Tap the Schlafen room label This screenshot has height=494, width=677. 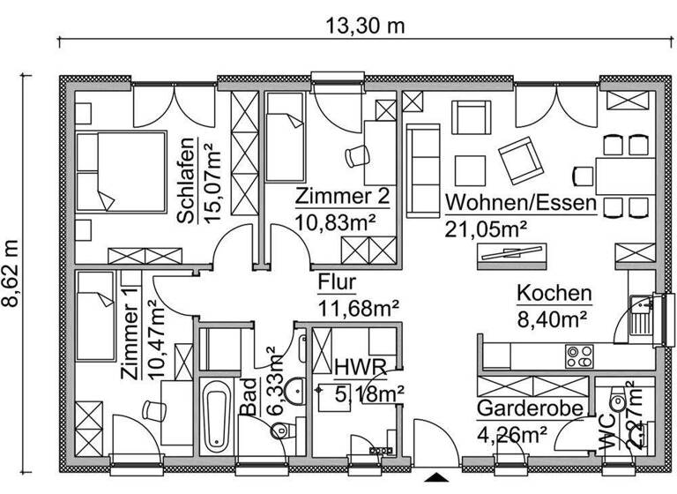pos(187,181)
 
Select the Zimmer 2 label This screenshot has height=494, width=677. pos(343,196)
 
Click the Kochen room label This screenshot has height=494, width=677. pos(554,293)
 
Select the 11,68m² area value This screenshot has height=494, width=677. pos(359,307)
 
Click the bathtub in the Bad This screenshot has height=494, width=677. pos(215,415)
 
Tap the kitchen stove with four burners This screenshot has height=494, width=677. pos(579,356)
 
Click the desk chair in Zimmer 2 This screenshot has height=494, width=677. pos(358,157)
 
